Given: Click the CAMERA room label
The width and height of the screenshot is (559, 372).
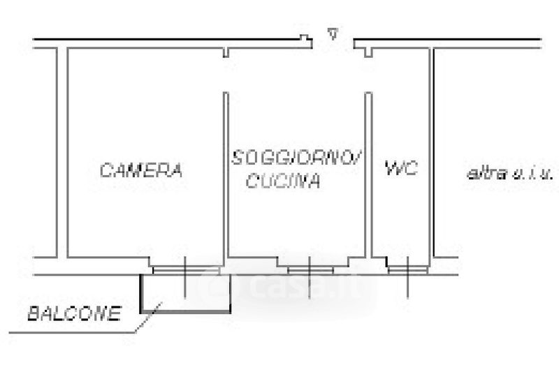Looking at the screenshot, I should coord(141,170).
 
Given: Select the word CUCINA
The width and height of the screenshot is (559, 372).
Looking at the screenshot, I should coord(284,182).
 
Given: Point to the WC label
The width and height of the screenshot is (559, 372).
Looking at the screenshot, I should coord(401,168).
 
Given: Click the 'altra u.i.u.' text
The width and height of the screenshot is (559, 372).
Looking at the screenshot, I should coord(510,172).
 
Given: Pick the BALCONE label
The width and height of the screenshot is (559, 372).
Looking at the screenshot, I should coord(73,314).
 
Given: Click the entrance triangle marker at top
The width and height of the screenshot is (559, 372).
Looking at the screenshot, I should coord(333,33).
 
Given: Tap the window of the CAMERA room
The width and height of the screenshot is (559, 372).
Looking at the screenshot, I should coord(184,269).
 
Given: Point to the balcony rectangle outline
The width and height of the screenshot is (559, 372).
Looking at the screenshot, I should coord(186,309).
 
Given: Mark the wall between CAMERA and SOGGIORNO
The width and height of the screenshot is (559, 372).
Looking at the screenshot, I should coord(226,174).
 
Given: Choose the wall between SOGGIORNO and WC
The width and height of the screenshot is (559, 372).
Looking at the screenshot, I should coord(369,174).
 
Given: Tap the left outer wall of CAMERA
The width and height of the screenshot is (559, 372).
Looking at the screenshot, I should coord(61,154).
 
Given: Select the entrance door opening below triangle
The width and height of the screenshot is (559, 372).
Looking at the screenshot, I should coord(333,46).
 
